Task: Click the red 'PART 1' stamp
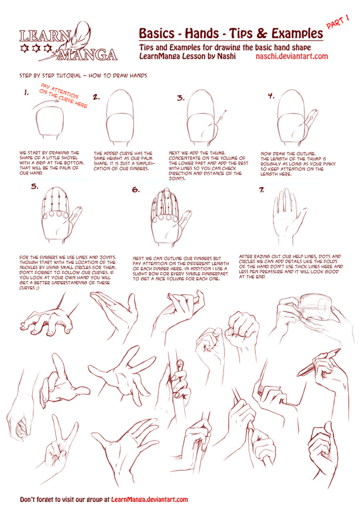point(338,22)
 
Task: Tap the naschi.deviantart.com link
point(292,56)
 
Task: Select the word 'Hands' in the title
point(201,33)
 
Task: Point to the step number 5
point(35,186)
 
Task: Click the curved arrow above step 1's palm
point(45,103)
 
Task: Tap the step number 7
point(261,190)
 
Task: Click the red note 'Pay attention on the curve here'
point(63,96)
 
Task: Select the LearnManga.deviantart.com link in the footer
point(149,499)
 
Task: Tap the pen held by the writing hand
point(318,362)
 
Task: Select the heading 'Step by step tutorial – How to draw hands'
point(83,76)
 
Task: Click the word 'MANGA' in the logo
point(87,55)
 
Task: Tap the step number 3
point(181,98)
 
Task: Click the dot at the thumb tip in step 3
point(225,112)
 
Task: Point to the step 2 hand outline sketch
point(120,118)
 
